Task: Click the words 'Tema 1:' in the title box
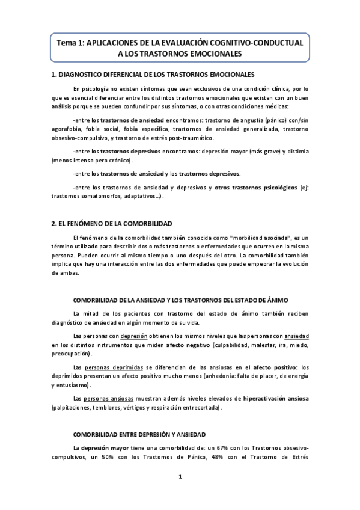[x=71, y=44]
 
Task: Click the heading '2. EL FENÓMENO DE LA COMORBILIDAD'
[x=112, y=223]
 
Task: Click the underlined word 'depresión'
[x=133, y=336]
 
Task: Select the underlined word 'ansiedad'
[x=297, y=336]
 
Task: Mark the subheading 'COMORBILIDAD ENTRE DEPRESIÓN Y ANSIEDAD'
[x=139, y=434]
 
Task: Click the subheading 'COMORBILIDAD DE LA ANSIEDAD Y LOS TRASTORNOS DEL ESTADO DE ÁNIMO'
[x=180, y=300]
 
